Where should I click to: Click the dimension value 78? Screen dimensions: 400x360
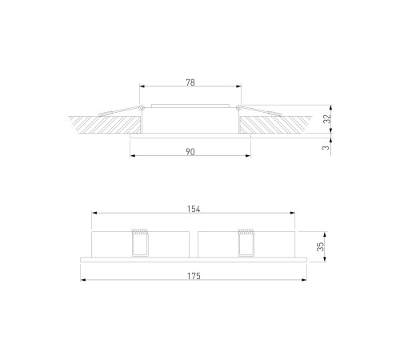tap(190, 82)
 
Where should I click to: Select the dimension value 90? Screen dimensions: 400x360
tap(190, 152)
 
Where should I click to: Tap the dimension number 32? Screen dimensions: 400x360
tap(326, 118)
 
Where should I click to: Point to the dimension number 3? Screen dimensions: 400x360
tap(326, 147)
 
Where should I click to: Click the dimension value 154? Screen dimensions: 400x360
tap(194, 209)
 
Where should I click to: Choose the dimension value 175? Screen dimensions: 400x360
tap(194, 276)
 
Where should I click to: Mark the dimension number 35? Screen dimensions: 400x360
tap(320, 246)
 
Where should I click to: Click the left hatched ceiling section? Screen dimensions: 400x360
tap(106, 125)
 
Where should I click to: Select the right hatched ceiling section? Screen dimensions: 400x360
tap(274, 125)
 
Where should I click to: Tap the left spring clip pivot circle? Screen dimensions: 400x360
tap(142, 108)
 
